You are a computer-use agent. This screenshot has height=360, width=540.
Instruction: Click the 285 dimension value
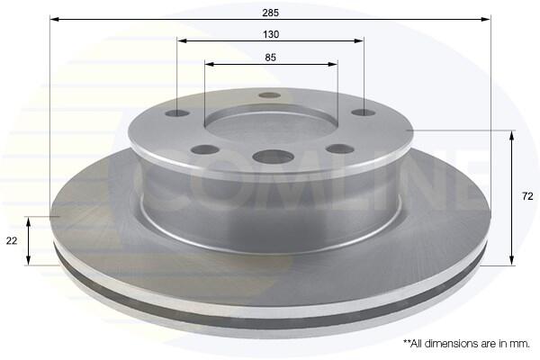270,13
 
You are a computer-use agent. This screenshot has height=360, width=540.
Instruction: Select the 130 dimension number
271,34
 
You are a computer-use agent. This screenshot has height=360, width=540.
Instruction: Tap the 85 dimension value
271,58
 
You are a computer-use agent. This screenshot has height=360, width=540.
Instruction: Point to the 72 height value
527,196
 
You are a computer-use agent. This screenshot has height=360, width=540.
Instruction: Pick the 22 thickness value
12,241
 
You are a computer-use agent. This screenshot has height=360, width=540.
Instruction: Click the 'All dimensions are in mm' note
466,344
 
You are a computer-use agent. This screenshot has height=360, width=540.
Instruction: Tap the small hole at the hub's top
269,95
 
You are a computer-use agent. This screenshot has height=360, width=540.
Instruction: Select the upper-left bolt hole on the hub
177,113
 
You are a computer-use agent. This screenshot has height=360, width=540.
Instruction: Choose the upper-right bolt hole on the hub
364,112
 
